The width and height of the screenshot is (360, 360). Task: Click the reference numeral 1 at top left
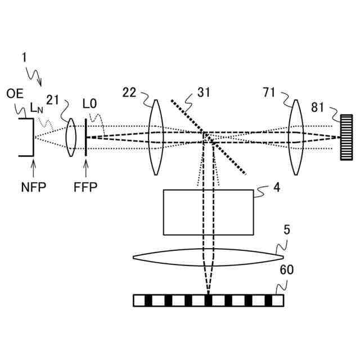(x=24, y=57)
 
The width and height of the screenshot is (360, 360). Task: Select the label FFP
(x=86, y=186)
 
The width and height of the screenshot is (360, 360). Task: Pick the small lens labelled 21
(x=71, y=137)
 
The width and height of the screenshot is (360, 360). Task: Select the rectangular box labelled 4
(x=208, y=212)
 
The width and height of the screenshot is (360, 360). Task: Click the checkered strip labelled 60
(x=208, y=300)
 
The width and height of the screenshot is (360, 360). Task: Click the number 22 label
(x=129, y=92)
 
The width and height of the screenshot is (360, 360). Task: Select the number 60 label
(x=286, y=271)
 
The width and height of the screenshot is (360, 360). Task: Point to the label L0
(x=89, y=104)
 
